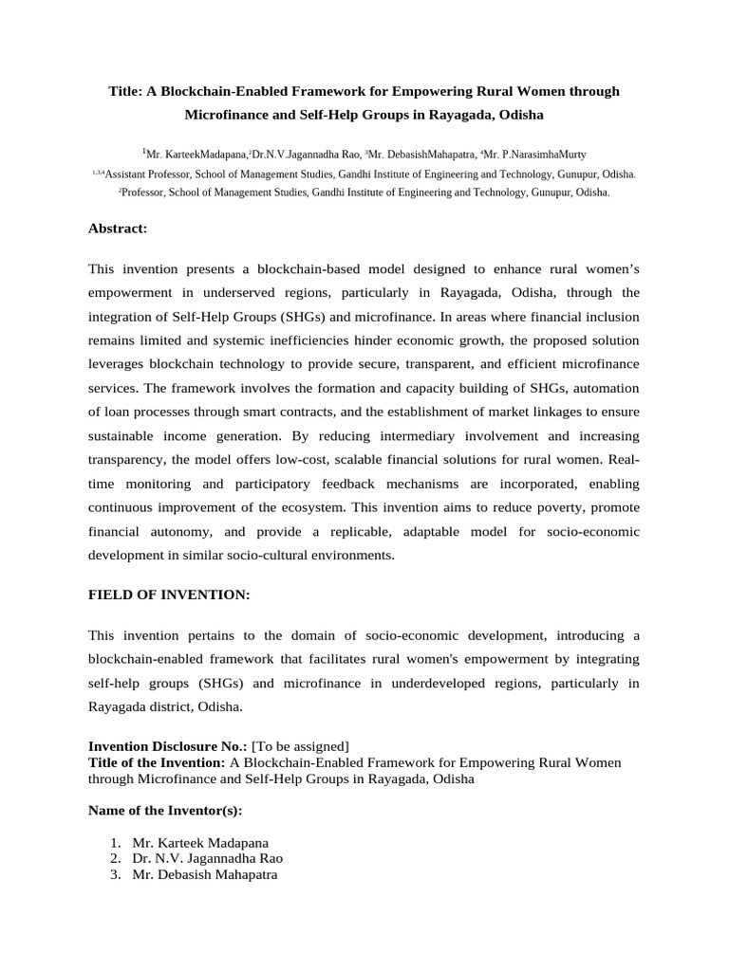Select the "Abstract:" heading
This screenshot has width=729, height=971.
pyautogui.click(x=118, y=229)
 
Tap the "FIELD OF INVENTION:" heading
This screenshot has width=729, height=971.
pyautogui.click(x=169, y=594)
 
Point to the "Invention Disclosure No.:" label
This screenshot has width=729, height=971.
pyautogui.click(x=167, y=745)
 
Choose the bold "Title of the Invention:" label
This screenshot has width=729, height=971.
pyautogui.click(x=157, y=762)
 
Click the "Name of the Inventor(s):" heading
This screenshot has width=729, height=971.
pyautogui.click(x=164, y=811)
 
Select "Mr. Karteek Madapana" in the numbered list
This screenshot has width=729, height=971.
pyautogui.click(x=200, y=842)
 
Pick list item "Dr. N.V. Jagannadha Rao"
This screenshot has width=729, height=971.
pyautogui.click(x=207, y=858)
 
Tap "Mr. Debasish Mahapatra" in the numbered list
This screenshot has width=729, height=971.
pyautogui.click(x=204, y=875)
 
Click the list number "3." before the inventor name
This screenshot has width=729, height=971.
pyautogui.click(x=115, y=875)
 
